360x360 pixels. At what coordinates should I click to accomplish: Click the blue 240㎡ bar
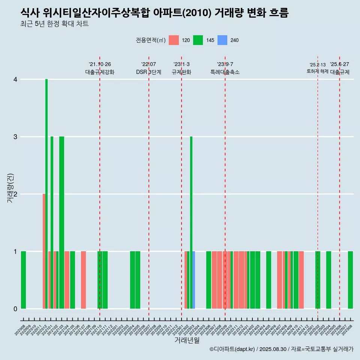coord(193,280)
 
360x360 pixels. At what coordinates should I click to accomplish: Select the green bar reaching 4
coord(46,194)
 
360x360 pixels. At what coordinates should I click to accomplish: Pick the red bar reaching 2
coord(44,251)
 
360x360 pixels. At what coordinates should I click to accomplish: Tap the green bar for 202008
coord(23,280)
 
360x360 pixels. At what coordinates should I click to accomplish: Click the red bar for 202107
coord(83,280)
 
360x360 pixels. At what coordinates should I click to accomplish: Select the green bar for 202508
coord(350,280)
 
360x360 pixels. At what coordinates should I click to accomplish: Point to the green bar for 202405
coord(268,280)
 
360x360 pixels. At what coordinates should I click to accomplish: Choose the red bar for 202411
coord(301,280)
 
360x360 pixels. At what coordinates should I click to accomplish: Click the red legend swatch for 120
coord(174,40)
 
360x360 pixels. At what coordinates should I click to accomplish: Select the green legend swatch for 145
coord(198,40)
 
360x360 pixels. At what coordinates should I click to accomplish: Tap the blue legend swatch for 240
coord(222,40)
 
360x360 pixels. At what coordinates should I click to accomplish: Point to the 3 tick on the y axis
coord(15,136)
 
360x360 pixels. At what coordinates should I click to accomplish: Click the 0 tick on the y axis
coord(15,309)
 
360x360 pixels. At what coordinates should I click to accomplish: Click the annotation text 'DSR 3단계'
coord(148,72)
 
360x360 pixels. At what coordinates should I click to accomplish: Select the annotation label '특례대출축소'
coord(225,72)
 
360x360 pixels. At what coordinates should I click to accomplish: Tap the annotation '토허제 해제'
coord(317,71)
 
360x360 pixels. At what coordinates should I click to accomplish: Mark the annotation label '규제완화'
coord(181,72)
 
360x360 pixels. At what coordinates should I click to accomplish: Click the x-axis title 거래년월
coord(187,340)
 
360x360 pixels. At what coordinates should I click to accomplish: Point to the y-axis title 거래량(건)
coord(10,187)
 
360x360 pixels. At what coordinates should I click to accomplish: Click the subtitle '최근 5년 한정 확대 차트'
coord(55,24)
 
